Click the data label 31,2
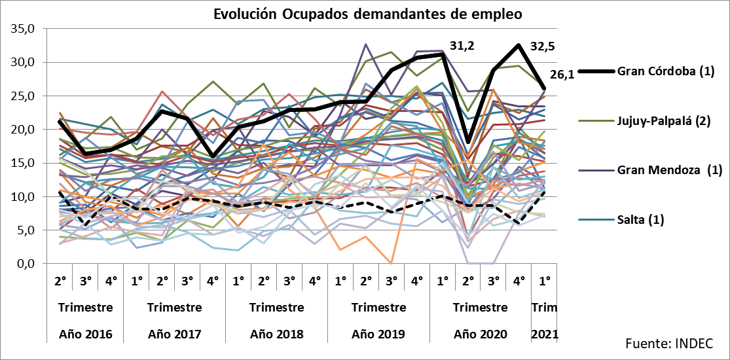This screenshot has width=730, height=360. (x=463, y=46)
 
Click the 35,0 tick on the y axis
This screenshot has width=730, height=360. (x=22, y=29)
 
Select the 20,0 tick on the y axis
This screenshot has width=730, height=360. (x=22, y=130)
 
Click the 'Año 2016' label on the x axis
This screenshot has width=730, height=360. (x=86, y=334)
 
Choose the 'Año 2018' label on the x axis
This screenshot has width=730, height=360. (x=277, y=334)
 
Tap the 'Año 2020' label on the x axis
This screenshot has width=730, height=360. (x=481, y=334)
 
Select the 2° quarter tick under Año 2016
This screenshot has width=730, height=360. (x=60, y=281)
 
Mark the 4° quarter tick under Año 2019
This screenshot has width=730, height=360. (x=416, y=281)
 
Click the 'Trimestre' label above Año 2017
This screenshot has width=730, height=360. (x=175, y=308)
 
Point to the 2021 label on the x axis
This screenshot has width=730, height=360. (x=545, y=334)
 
